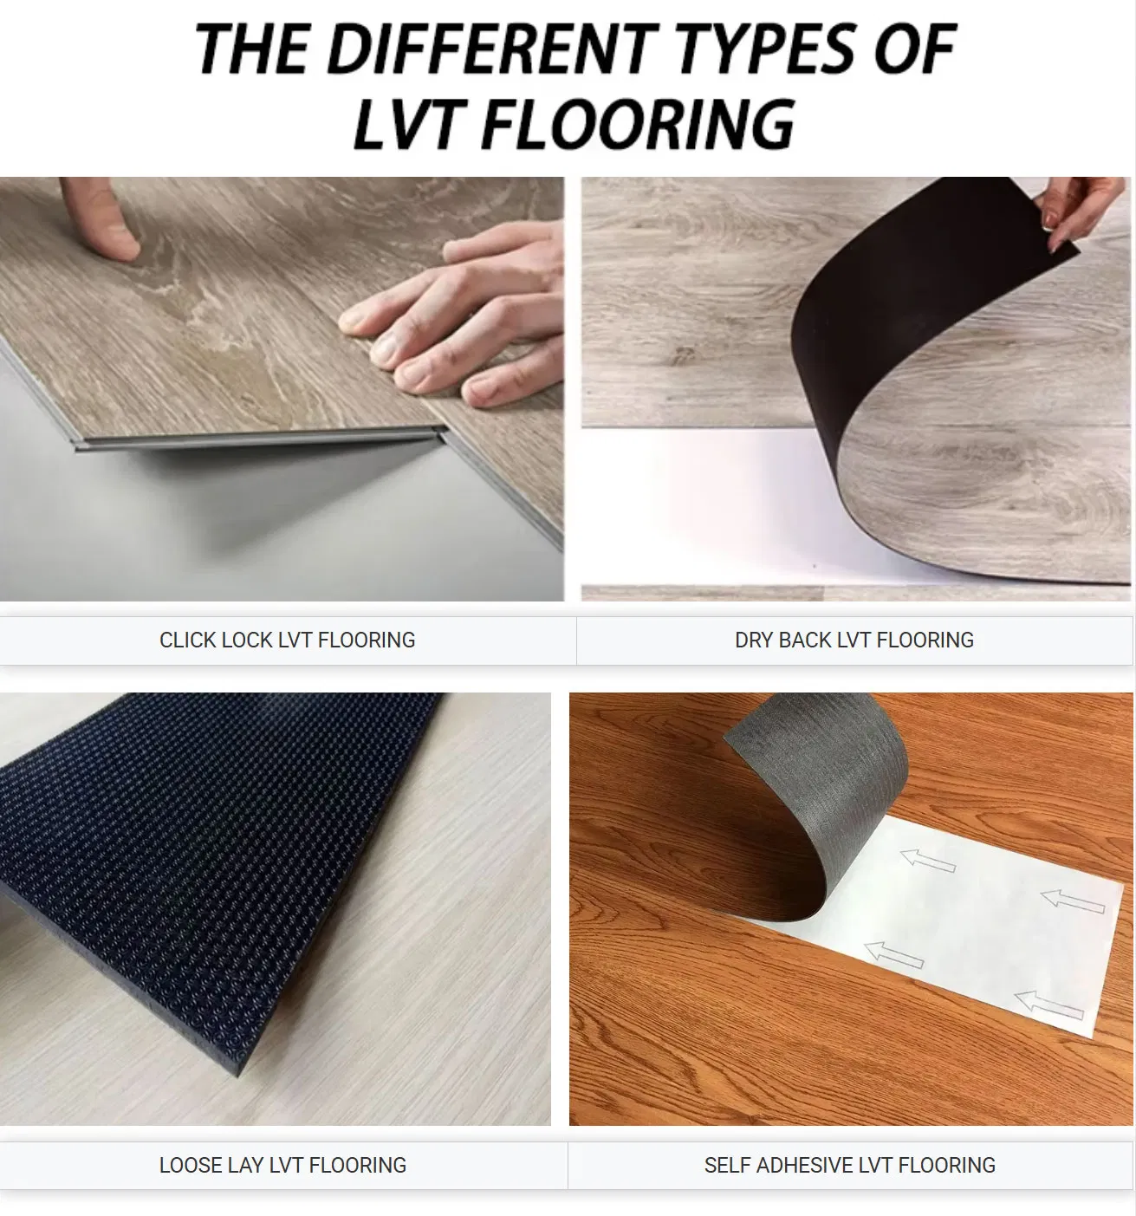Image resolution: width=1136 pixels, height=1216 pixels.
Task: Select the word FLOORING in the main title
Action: coord(635,124)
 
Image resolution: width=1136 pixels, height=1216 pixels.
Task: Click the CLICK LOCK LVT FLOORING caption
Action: coord(287,640)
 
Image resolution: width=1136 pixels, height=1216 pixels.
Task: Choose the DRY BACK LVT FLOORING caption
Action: coord(854,640)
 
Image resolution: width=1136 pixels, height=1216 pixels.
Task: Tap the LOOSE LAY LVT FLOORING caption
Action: coord(282,1165)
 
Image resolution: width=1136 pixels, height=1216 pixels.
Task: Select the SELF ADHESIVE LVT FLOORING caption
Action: coord(849,1165)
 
